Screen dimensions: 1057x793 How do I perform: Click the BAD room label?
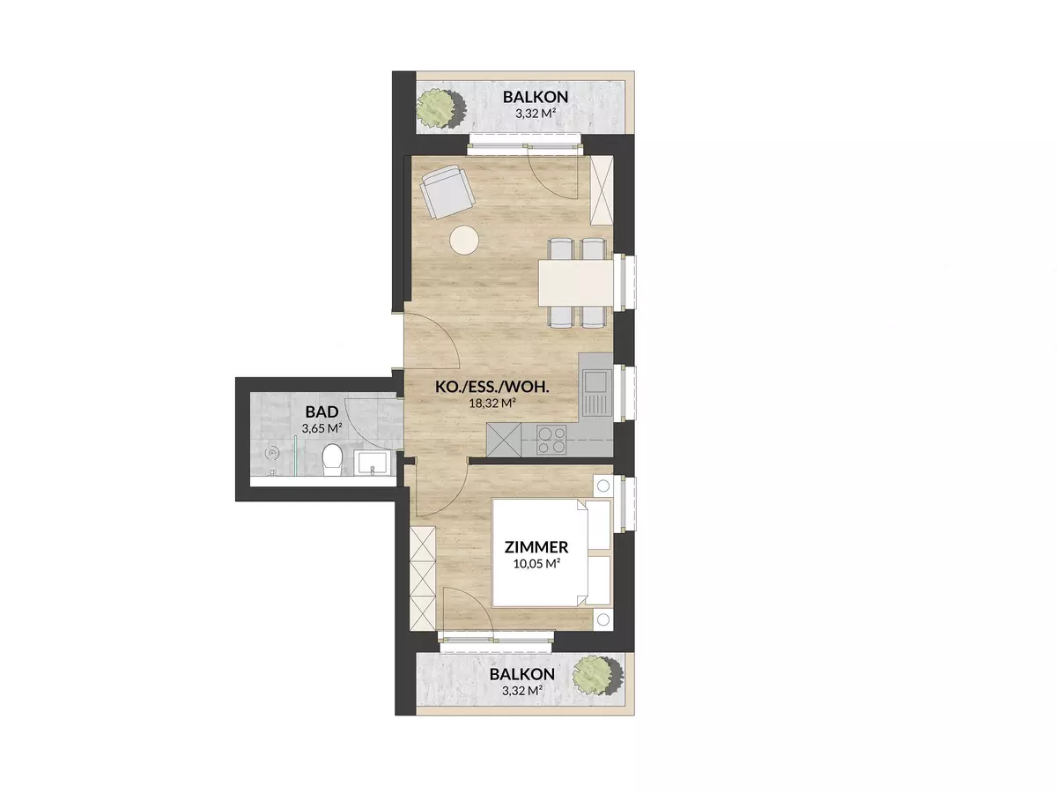[322, 412]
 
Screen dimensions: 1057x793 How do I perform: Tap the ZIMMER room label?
[536, 547]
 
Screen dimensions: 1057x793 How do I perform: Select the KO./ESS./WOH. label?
[492, 387]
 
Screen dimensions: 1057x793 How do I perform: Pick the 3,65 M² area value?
[322, 428]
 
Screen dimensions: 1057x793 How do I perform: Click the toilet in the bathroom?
[332, 460]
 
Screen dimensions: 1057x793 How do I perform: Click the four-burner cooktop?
[551, 440]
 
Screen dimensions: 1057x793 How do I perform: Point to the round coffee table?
[464, 240]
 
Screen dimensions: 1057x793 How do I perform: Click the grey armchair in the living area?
[447, 191]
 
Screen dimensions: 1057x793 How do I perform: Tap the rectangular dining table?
[576, 283]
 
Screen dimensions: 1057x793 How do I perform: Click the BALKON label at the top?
[536, 97]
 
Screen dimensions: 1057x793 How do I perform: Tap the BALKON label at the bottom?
[522, 675]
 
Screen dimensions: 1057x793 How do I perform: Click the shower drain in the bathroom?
[272, 453]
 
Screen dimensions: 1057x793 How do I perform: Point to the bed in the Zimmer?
[551, 552]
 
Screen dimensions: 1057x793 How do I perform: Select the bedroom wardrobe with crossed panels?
[423, 578]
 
